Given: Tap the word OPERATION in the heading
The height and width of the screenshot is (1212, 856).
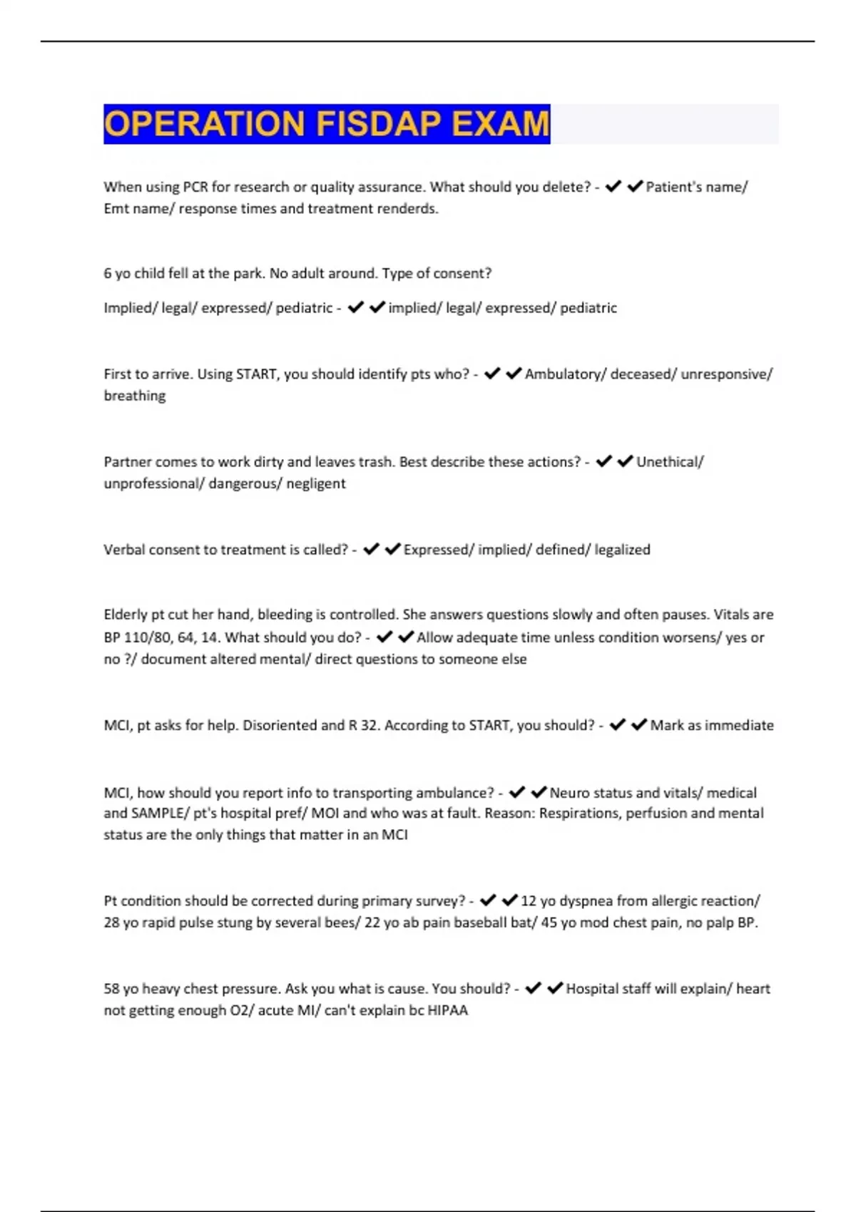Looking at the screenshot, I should pyautogui.click(x=204, y=123).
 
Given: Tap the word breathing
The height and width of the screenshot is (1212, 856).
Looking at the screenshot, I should pyautogui.click(x=135, y=396).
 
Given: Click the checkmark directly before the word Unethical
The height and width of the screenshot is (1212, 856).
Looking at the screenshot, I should pyautogui.click(x=626, y=461).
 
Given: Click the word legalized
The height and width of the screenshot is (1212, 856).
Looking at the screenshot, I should pyautogui.click(x=622, y=550).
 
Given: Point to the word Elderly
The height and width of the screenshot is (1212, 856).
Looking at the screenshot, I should pyautogui.click(x=126, y=615).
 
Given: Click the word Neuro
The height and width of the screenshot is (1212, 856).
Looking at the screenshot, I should pyautogui.click(x=569, y=793).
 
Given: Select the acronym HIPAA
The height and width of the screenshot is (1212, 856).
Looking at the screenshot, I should pyautogui.click(x=447, y=1010).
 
